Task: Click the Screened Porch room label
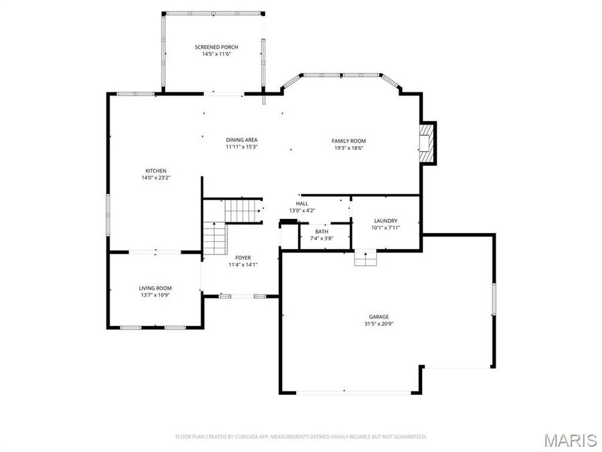(x=216, y=47)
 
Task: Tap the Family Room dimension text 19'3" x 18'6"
(x=348, y=148)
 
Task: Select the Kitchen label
(x=156, y=171)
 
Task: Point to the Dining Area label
(x=241, y=139)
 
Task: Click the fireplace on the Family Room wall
(x=426, y=143)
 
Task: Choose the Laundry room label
(x=385, y=220)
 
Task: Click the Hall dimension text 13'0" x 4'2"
(x=302, y=211)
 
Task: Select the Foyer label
(x=243, y=257)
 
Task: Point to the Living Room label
(x=155, y=288)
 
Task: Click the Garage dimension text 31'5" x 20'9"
(x=379, y=324)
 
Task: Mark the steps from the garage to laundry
(x=365, y=258)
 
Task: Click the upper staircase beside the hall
(x=241, y=210)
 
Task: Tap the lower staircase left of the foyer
(x=215, y=239)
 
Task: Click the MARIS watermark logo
(x=570, y=440)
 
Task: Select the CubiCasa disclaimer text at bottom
(x=300, y=437)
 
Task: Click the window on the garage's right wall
(x=494, y=297)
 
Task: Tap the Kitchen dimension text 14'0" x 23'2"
(x=156, y=178)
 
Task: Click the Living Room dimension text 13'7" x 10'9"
(x=155, y=295)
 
